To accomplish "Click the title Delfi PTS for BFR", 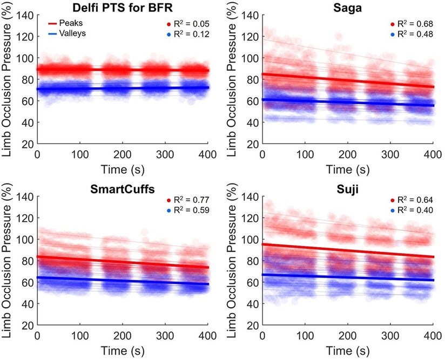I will [123, 7].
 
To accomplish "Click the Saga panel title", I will [347, 7].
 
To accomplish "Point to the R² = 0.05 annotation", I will [189, 24].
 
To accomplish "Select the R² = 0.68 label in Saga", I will [413, 24].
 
